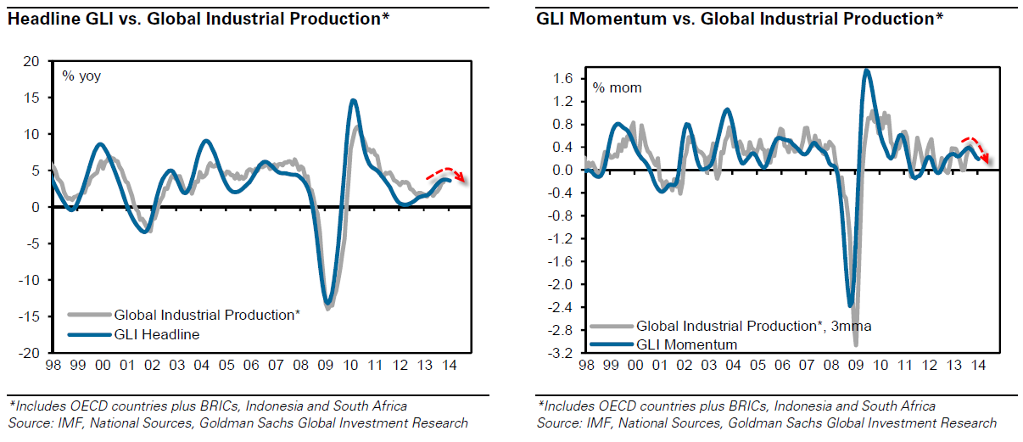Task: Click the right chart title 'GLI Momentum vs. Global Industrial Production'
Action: (739, 18)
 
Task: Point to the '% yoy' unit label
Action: (81, 76)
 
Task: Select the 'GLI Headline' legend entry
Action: (156, 334)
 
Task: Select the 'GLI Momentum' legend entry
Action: (686, 344)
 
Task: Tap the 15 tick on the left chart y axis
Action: (32, 98)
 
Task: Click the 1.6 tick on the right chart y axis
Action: (565, 79)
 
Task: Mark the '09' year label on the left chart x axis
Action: (327, 366)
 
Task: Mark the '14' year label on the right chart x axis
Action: (978, 366)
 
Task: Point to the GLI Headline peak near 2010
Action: (352, 100)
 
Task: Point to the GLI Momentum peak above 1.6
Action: (866, 70)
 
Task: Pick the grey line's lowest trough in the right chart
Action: (856, 344)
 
